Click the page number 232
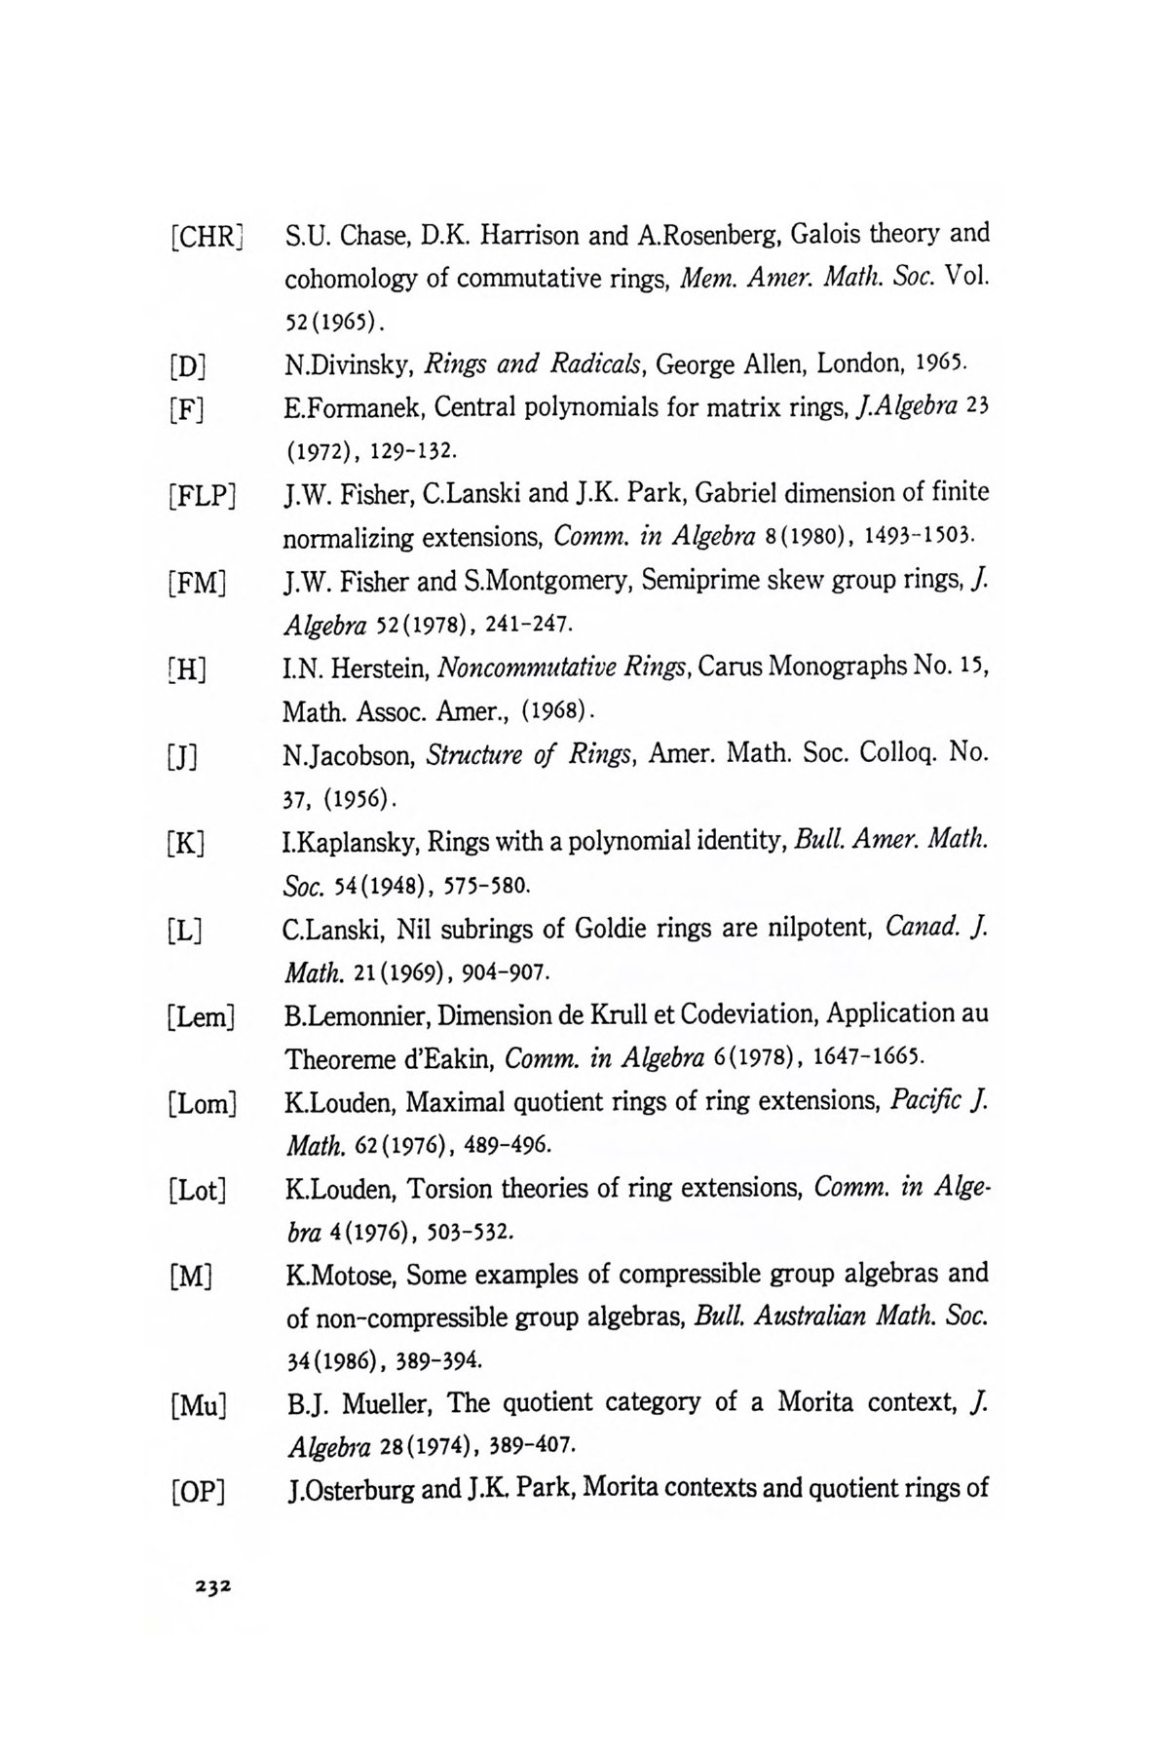tap(211, 1586)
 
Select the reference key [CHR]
tap(206, 237)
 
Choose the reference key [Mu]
tap(198, 1407)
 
